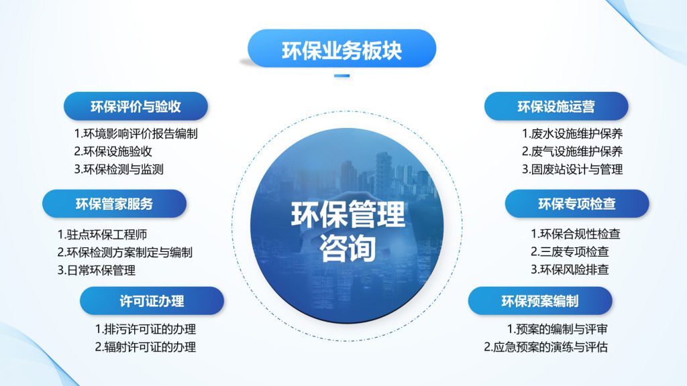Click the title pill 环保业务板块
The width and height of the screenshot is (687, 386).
341,48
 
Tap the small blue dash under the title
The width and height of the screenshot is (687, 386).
341,76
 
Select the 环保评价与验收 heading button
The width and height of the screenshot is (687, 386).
136,107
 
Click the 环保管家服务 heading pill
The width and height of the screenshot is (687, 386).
114,204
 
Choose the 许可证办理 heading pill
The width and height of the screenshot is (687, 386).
152,301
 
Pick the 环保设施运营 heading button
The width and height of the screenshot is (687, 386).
556,107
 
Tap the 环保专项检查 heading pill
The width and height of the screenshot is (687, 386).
577,204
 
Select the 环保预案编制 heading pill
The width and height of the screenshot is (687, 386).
540,301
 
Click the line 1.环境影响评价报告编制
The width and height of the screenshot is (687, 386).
136,133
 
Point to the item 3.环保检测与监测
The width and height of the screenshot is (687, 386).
119,170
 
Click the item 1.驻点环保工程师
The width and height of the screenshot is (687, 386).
102,235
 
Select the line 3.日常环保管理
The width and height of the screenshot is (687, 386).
97,271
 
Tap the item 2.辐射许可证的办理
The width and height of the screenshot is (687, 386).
146,347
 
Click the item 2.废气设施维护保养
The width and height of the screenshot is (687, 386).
572,151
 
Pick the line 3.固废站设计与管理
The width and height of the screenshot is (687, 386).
572,170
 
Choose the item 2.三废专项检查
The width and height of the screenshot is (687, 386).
570,252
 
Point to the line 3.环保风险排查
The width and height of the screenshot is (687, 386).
570,269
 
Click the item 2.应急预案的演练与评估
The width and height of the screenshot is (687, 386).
546,347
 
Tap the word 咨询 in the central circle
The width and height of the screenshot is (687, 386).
348,248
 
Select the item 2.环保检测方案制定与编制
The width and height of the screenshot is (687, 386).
125,253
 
